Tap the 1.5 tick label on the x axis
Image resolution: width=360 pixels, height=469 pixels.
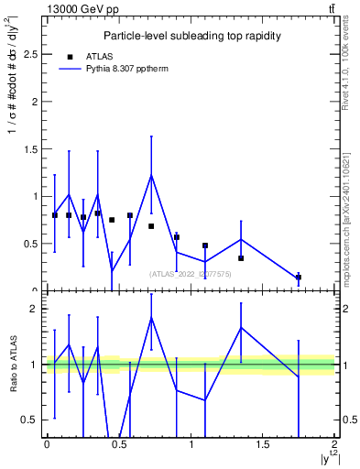[262, 444]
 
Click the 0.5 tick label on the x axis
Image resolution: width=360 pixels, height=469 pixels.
[118, 444]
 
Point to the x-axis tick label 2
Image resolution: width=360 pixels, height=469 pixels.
[335, 444]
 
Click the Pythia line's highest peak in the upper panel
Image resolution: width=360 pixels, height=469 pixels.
[151, 175]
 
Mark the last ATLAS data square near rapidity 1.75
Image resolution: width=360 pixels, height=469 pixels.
[299, 277]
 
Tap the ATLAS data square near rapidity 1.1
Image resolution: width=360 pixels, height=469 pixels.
[205, 245]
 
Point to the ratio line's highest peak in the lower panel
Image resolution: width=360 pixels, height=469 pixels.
[151, 317]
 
